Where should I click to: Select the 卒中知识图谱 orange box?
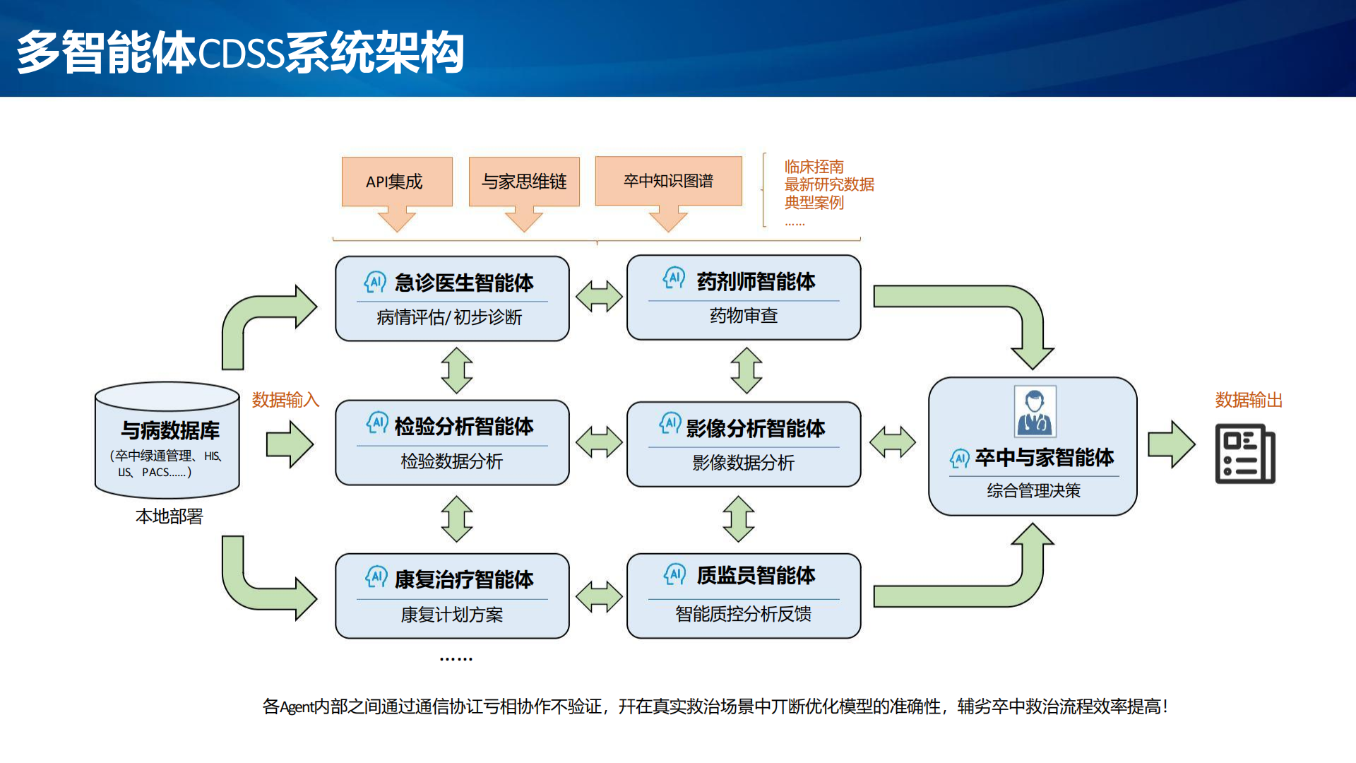point(668,181)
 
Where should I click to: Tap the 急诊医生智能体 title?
point(464,283)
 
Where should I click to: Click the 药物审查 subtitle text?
point(744,316)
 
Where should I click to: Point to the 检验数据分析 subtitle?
point(452,461)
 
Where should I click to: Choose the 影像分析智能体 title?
point(756,428)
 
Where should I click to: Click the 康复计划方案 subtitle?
point(452,615)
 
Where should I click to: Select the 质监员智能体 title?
point(756,576)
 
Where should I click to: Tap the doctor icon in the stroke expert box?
point(1035,411)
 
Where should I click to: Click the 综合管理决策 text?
point(1034,490)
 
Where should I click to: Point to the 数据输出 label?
point(1249,400)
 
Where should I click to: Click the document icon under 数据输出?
point(1245,454)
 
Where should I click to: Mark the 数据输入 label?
point(285,400)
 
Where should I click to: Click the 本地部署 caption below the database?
point(169,516)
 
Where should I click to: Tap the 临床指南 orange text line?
point(814,167)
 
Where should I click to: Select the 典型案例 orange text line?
point(814,203)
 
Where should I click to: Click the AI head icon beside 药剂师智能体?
point(674,278)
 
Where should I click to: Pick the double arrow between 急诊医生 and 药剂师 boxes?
point(599,297)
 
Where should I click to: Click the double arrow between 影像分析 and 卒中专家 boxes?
point(893,443)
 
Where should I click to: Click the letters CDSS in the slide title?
point(242,54)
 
